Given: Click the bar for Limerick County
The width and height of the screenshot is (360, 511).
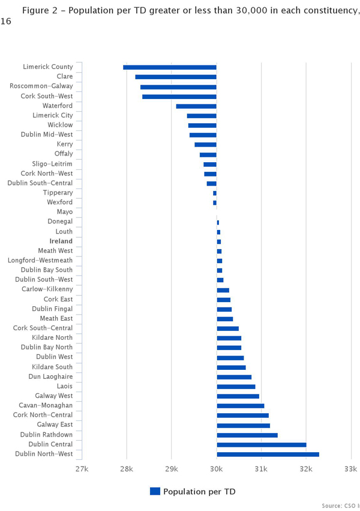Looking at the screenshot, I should tap(170, 67).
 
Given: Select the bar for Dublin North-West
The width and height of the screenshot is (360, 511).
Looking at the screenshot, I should tap(268, 454).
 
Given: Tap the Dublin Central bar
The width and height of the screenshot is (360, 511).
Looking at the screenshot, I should tap(261, 444).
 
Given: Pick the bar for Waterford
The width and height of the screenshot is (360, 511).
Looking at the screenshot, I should tap(196, 106).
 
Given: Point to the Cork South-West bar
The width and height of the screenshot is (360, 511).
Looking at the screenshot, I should tap(179, 96).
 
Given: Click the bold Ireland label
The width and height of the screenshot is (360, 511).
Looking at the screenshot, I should tap(61, 241).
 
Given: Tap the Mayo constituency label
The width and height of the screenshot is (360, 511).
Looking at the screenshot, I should tap(64, 212).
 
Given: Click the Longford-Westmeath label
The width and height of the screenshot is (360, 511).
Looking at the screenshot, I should tap(40, 261).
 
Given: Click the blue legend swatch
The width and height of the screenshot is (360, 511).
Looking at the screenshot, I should tap(155, 491).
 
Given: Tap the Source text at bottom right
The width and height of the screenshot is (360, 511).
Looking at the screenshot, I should tap(339, 506).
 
